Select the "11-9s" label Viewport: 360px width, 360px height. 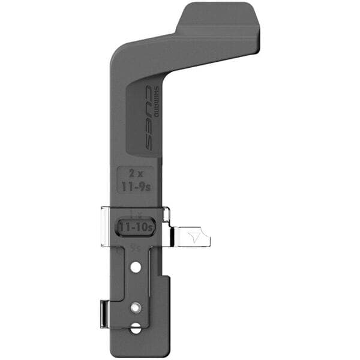point(135,187)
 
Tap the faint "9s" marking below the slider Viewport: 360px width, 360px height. point(135,247)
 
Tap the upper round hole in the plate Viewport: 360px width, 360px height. point(136,267)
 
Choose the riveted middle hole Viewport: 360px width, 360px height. point(136,307)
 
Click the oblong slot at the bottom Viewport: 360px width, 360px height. point(136,328)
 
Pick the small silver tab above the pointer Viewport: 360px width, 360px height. point(166,214)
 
